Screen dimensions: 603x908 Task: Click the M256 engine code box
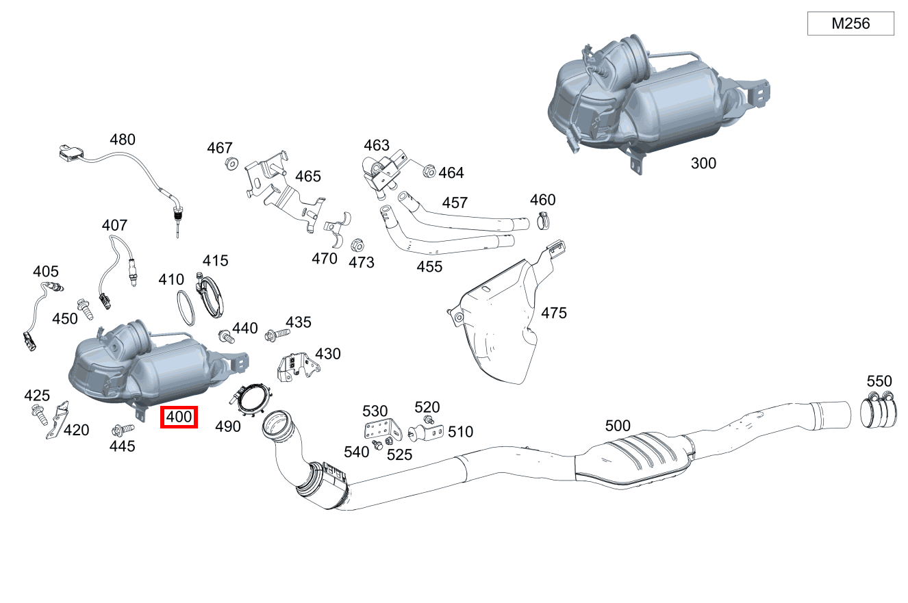pos(850,24)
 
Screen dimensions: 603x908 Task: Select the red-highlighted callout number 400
pos(179,417)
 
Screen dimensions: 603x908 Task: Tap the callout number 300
pos(703,163)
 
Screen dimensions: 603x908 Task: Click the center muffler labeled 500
pos(633,461)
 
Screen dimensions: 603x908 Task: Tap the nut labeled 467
pos(231,164)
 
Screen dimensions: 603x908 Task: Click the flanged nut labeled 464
pos(429,171)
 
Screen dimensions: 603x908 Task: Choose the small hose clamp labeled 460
pos(544,220)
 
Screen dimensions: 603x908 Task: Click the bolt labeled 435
pos(277,333)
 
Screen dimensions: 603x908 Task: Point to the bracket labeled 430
pos(296,370)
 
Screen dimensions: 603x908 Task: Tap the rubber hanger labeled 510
pos(424,433)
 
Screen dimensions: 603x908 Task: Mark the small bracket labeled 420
pos(59,420)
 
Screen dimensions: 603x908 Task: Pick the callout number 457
pos(455,203)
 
